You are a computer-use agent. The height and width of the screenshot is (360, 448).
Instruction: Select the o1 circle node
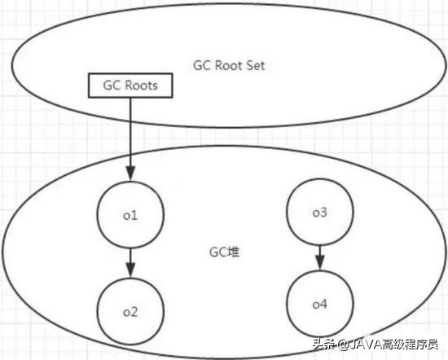click(x=131, y=215)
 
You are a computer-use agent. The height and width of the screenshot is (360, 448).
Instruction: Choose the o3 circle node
click(x=319, y=213)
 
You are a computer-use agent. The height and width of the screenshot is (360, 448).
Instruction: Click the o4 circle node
click(x=319, y=304)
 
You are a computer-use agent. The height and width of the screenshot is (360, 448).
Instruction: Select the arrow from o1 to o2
click(x=130, y=261)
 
